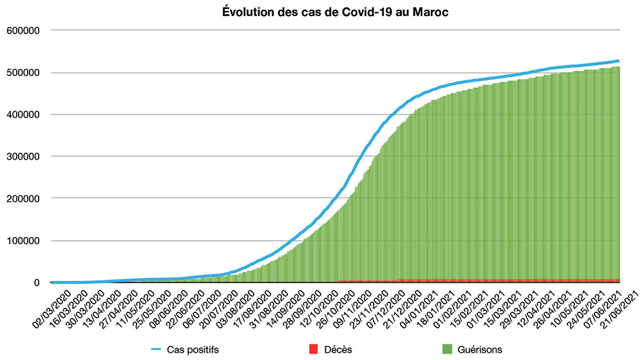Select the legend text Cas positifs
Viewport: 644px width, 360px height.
(190, 349)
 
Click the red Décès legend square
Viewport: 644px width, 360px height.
(314, 349)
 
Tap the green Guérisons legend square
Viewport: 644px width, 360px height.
(447, 349)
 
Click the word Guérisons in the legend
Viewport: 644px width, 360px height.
(479, 349)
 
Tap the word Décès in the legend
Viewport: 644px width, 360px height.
(337, 349)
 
